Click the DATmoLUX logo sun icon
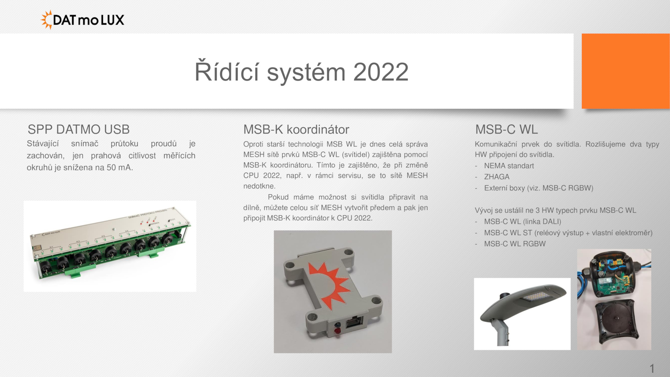[x=46, y=20]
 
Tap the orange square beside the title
[x=626, y=71]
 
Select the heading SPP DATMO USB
[x=79, y=129]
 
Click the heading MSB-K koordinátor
[x=296, y=129]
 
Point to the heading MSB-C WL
[x=506, y=129]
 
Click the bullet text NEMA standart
[x=509, y=166]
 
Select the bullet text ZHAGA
[x=497, y=177]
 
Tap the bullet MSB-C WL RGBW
[x=515, y=244]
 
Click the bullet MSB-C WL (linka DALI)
[x=523, y=222]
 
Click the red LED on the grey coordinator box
[x=338, y=331]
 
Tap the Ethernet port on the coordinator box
[x=354, y=323]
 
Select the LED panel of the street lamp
[x=536, y=297]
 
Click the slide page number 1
[x=652, y=368]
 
